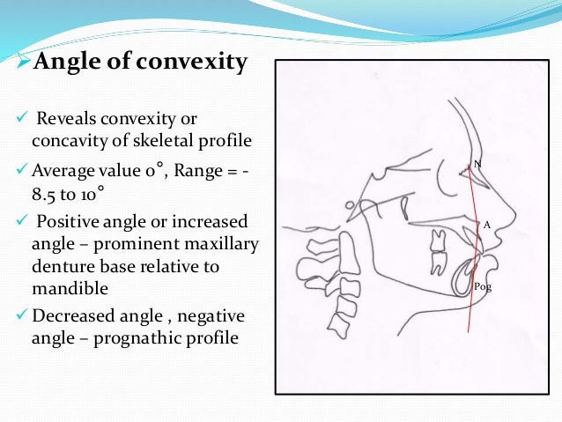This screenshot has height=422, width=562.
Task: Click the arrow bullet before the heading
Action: (11, 65)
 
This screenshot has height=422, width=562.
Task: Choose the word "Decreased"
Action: (69, 315)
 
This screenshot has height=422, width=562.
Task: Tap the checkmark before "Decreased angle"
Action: (11, 315)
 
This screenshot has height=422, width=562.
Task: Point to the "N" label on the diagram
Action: (477, 164)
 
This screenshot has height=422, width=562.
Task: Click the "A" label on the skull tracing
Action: (485, 226)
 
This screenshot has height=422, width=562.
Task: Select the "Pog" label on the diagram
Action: (482, 287)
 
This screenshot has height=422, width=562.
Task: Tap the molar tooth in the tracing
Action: (438, 261)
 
